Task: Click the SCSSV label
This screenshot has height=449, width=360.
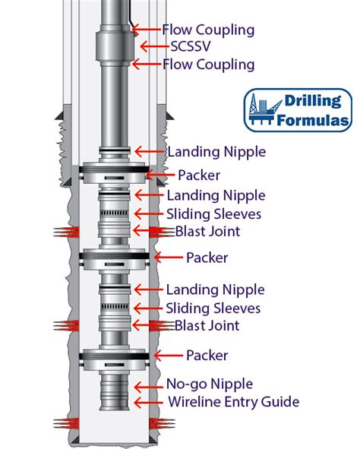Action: (x=191, y=46)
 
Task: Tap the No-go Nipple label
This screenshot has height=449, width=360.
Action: (x=210, y=384)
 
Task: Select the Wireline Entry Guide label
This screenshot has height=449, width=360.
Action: (x=233, y=402)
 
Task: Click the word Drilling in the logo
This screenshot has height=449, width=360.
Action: (x=313, y=101)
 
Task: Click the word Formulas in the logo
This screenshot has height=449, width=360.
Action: (x=314, y=120)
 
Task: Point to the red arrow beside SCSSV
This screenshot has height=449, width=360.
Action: (x=154, y=46)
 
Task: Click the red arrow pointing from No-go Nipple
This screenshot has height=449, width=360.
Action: (x=149, y=387)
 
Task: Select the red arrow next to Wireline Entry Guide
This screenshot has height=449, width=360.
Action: (x=149, y=403)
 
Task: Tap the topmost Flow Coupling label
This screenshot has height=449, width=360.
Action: (x=208, y=30)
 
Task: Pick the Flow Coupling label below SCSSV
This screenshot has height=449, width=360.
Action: (x=209, y=65)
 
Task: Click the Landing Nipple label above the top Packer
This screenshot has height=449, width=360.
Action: (x=216, y=152)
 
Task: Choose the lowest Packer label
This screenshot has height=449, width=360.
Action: (x=207, y=356)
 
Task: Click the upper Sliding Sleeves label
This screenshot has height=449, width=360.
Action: (x=213, y=214)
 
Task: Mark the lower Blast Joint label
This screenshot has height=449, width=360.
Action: (x=207, y=326)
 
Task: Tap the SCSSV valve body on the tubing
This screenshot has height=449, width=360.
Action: (x=115, y=46)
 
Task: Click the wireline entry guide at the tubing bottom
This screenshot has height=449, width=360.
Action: (x=115, y=403)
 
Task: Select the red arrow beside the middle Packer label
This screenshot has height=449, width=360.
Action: (x=169, y=257)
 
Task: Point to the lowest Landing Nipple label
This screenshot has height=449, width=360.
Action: (x=215, y=289)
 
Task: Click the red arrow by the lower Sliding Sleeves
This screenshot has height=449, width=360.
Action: (x=148, y=308)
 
